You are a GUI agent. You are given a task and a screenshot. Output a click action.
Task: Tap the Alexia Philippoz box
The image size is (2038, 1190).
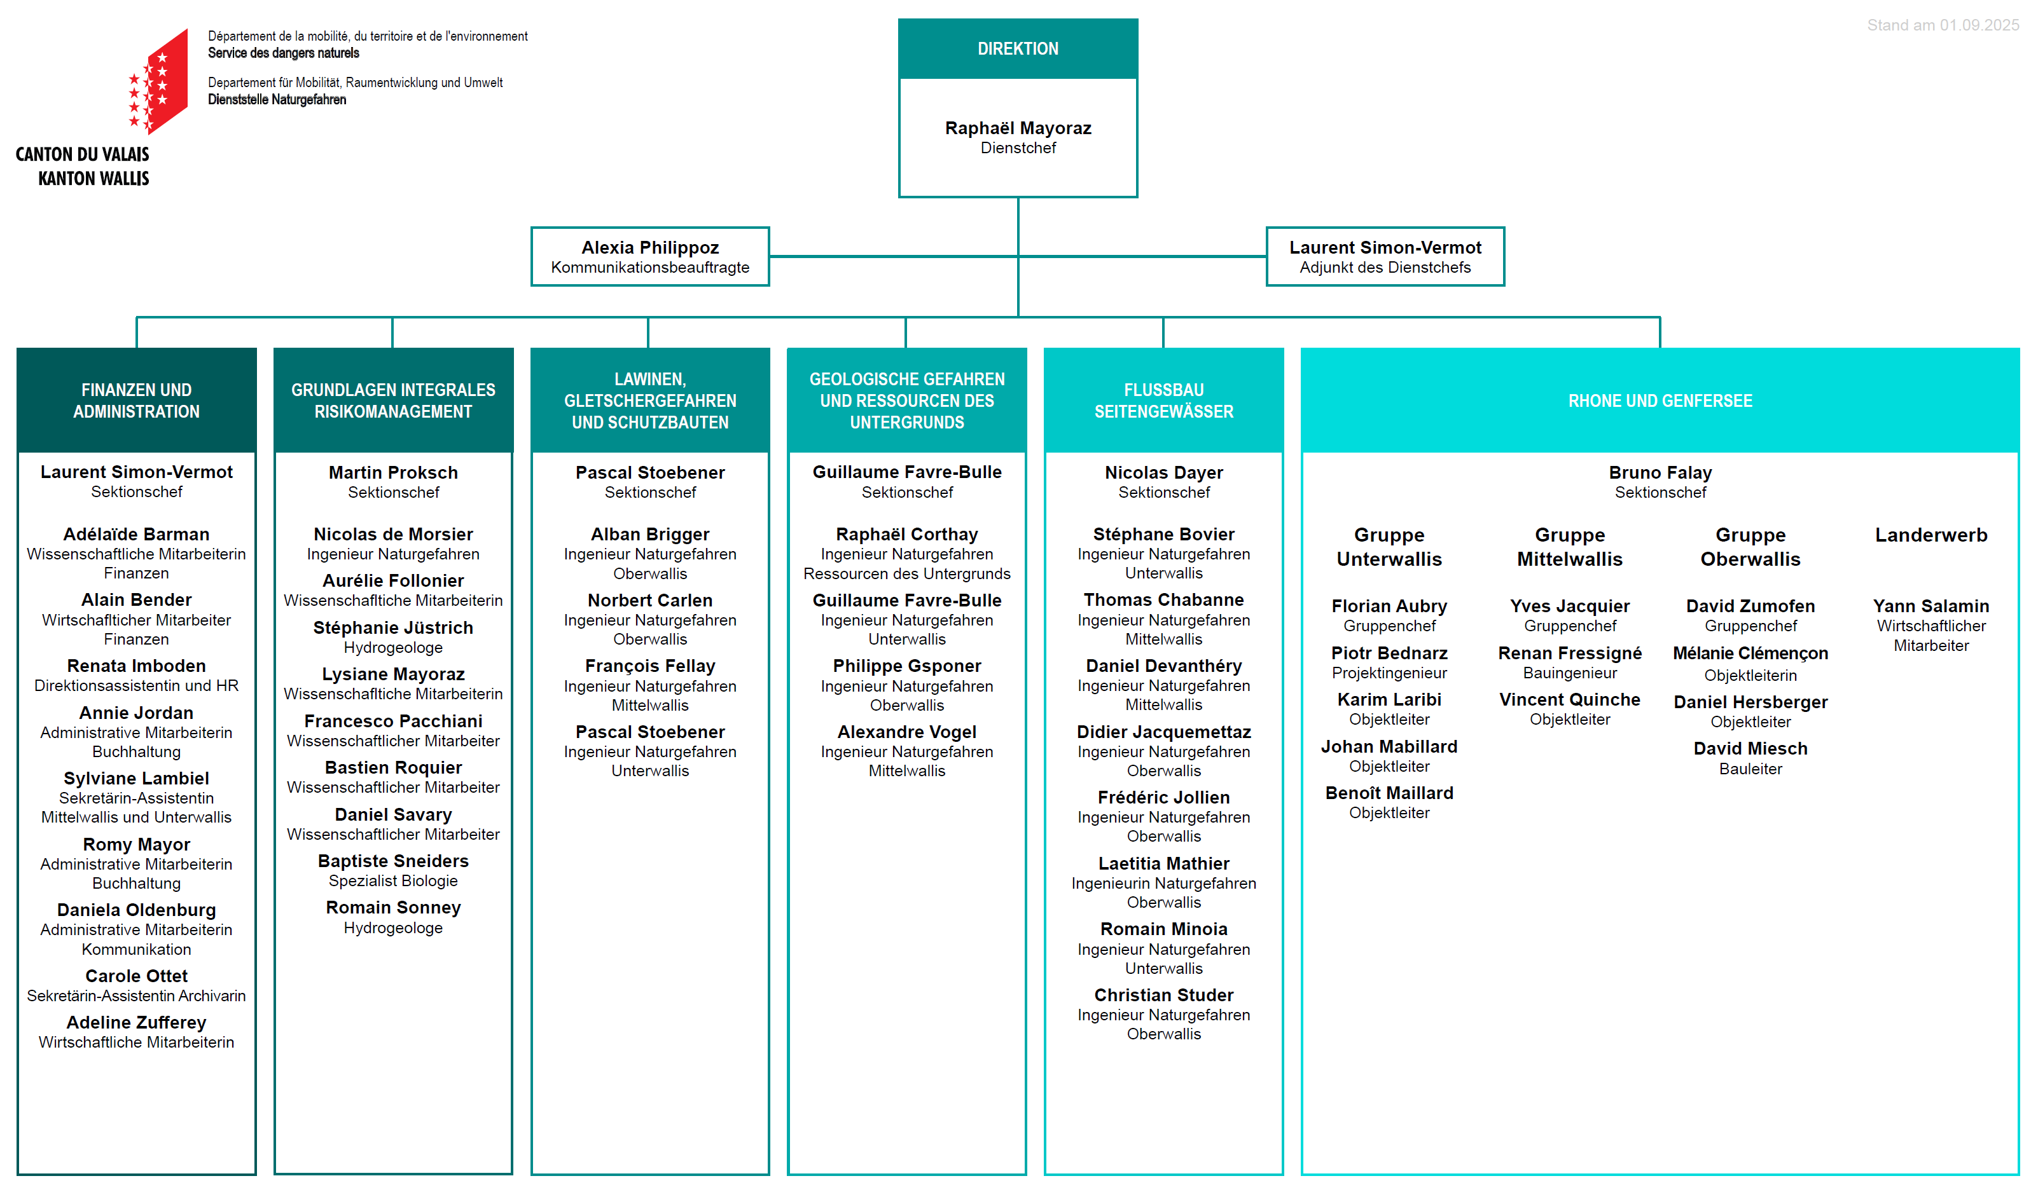(649, 256)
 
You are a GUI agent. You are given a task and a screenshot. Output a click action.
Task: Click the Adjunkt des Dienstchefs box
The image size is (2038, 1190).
(1385, 256)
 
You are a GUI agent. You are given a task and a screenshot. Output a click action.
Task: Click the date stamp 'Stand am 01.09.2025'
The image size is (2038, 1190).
(1943, 25)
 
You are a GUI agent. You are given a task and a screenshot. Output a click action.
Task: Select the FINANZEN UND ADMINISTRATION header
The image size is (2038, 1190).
(137, 400)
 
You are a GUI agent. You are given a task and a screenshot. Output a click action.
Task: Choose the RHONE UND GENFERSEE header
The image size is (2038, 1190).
(1660, 400)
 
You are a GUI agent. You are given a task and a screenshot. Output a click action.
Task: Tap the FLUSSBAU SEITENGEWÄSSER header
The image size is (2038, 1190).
(1164, 400)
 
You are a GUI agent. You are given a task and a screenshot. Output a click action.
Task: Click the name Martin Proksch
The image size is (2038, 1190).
(393, 472)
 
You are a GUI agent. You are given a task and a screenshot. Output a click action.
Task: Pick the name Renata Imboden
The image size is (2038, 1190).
(137, 666)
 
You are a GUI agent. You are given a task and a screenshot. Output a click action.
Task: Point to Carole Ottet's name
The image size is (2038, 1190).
(137, 976)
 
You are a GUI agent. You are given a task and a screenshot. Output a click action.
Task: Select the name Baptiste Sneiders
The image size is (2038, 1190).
(393, 861)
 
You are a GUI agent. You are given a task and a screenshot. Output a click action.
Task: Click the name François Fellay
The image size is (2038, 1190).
(650, 666)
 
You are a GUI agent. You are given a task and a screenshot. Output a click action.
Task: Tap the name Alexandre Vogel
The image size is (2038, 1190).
(906, 732)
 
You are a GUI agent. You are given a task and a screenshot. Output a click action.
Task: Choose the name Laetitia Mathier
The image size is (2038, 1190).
(1164, 863)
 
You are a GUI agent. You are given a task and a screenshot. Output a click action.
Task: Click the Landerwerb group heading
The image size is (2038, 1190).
(1931, 535)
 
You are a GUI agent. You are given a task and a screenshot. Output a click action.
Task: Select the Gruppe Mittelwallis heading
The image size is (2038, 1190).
(1569, 547)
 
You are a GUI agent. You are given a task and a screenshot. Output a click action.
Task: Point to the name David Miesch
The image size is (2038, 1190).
(1750, 749)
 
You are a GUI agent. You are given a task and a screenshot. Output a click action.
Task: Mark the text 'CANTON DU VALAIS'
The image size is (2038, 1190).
(83, 154)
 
